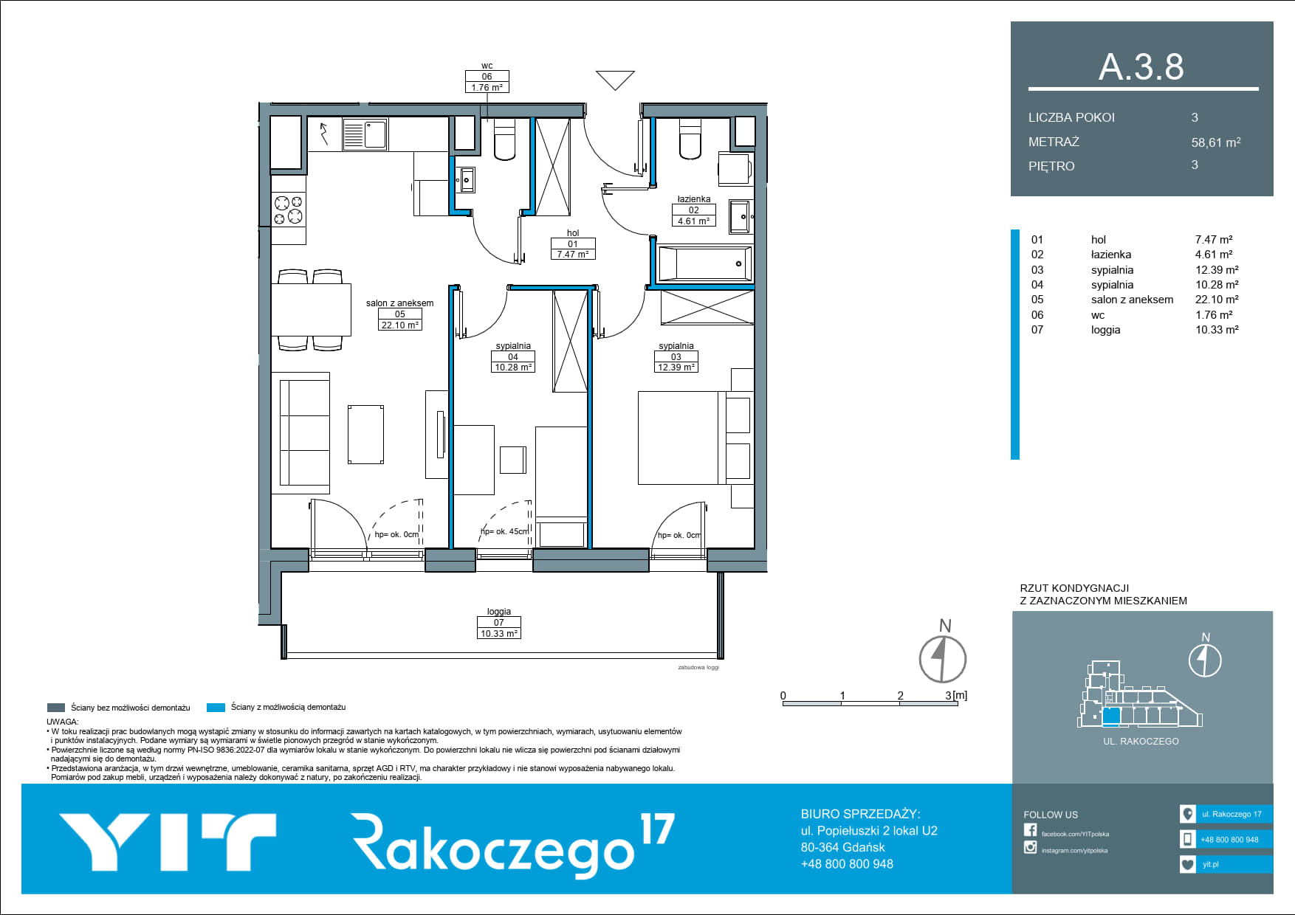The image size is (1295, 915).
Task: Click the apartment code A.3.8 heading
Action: pyautogui.click(x=1141, y=67)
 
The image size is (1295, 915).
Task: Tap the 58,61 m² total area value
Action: pyautogui.click(x=1216, y=142)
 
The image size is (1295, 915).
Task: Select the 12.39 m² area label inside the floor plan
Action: pyautogui.click(x=676, y=367)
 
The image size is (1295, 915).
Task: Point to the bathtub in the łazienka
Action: pyautogui.click(x=705, y=263)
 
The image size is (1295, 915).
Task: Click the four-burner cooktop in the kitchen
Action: pyautogui.click(x=289, y=209)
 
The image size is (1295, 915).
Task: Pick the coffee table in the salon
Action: pyautogui.click(x=365, y=434)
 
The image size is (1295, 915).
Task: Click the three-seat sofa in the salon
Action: pyautogui.click(x=300, y=433)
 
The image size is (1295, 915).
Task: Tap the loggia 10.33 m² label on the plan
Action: pyautogui.click(x=499, y=623)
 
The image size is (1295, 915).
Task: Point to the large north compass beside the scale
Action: pyautogui.click(x=943, y=658)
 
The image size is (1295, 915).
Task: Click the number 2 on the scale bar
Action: pyautogui.click(x=900, y=695)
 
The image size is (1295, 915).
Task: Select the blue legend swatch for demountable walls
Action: pyautogui.click(x=216, y=708)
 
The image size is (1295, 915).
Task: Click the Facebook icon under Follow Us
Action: pyautogui.click(x=1030, y=830)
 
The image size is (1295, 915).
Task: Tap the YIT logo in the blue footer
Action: pyautogui.click(x=168, y=842)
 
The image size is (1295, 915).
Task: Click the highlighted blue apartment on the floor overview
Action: pyautogui.click(x=1111, y=716)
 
